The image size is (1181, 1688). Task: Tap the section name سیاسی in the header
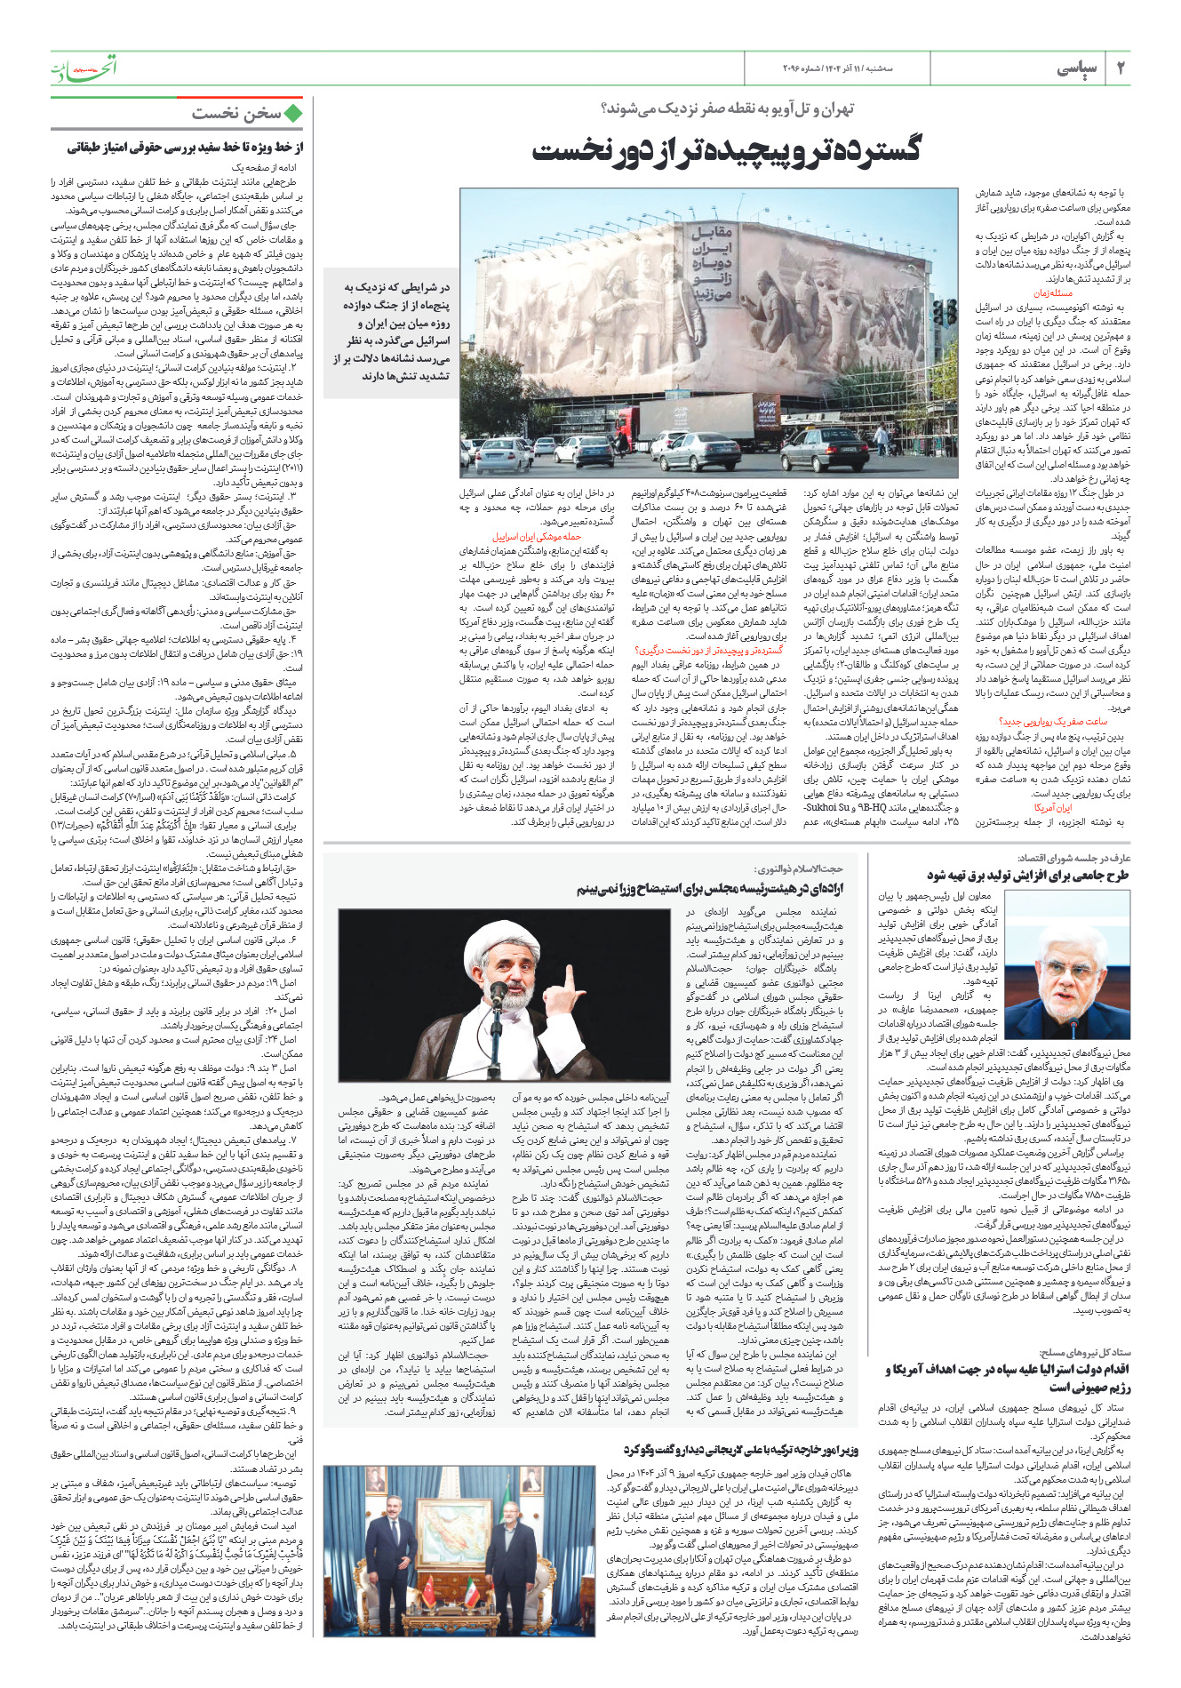tap(1077, 68)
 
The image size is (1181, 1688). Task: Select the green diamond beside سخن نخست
tap(294, 113)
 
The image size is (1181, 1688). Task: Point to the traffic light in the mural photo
tap(947, 311)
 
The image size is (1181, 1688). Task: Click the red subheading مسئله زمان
tap(1052, 293)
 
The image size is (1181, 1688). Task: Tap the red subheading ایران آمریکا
tap(1052, 808)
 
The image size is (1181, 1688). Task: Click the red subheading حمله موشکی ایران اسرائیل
tap(537, 537)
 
